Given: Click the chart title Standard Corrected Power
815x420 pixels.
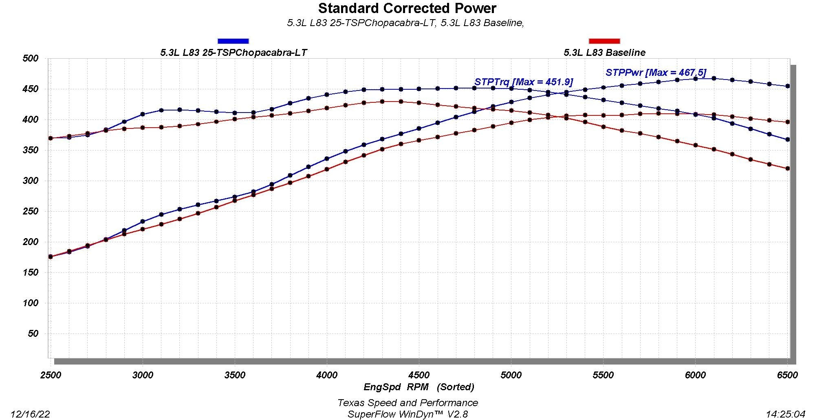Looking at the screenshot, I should [x=407, y=8].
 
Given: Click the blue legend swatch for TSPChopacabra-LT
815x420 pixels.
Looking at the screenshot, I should [x=233, y=41].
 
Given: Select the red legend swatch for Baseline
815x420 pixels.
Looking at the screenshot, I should [x=604, y=41].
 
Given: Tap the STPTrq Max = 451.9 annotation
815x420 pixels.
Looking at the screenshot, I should [x=524, y=82].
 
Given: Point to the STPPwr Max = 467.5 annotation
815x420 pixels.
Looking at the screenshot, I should [x=656, y=73].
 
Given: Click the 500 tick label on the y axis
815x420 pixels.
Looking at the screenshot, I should [x=31, y=58].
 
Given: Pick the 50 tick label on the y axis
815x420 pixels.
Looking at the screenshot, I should [x=33, y=334].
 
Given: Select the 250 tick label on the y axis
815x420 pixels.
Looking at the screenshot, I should [x=31, y=211].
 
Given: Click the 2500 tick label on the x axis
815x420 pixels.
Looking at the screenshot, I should [x=51, y=375].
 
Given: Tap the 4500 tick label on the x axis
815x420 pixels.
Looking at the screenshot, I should [x=419, y=375].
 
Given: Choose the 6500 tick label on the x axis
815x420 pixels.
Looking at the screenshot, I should [x=787, y=375].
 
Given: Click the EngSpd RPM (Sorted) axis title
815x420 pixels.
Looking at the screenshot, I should [x=419, y=387].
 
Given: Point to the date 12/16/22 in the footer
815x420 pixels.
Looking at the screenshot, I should [x=30, y=414].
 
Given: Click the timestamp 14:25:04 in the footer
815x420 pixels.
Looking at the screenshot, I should [x=785, y=414].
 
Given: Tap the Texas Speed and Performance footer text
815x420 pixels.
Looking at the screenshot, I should [x=407, y=403].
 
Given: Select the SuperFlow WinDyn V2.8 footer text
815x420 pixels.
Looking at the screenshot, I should [x=407, y=414].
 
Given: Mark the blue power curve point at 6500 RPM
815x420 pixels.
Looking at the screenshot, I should [x=788, y=86].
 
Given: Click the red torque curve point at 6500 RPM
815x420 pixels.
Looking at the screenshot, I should [x=788, y=168].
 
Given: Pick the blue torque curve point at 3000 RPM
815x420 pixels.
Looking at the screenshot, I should [x=143, y=114].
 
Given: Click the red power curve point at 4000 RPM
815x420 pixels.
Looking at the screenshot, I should [x=327, y=169].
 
